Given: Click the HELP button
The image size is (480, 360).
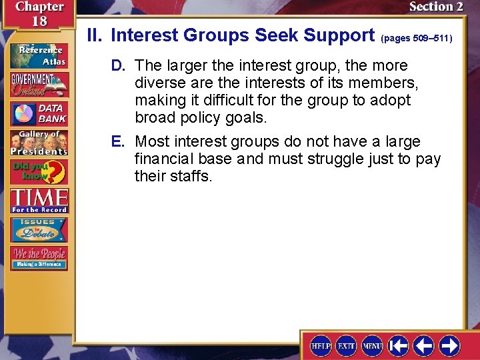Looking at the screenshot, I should [x=321, y=345].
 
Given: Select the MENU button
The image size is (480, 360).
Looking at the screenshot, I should [x=371, y=345].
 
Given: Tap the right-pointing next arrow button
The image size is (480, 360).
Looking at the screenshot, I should [x=450, y=345].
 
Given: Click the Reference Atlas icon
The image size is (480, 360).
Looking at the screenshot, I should [x=39, y=55].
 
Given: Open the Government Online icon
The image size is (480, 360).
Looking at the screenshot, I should [x=39, y=84].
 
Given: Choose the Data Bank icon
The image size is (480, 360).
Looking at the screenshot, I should [x=39, y=113].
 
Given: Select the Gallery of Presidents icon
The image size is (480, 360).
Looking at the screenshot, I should [x=39, y=143].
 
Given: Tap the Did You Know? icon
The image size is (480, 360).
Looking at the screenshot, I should [x=39, y=172].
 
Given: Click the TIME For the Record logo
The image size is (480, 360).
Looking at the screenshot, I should [x=39, y=200].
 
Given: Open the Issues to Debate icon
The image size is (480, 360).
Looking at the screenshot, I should [x=39, y=229].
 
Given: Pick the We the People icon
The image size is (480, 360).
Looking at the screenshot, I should [x=39, y=258].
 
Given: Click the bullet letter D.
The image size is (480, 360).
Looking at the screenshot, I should [x=117, y=66].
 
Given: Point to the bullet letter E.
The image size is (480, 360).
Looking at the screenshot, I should [x=117, y=142].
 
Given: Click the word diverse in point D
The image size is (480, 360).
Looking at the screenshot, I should [x=159, y=83].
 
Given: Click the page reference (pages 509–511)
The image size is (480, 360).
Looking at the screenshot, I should [x=417, y=38].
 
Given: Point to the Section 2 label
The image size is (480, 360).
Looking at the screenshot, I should [x=435, y=7].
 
